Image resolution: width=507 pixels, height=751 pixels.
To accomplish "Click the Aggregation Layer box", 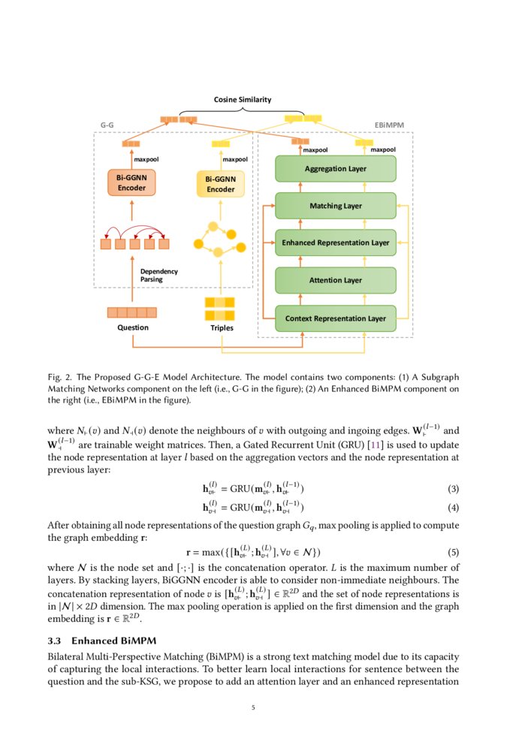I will point(335,169).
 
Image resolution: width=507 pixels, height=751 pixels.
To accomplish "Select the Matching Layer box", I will point(335,206).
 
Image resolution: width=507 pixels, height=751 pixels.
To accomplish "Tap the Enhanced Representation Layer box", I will point(335,243).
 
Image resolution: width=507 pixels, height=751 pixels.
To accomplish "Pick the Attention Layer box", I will point(335,280).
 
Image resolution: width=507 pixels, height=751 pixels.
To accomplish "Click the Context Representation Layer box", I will point(335,318).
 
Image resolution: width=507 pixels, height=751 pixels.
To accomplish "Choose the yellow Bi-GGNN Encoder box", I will point(221,185).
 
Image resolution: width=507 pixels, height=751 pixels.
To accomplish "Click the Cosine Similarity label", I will point(243,99).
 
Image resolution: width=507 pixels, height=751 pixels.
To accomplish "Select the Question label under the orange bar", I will point(133,327).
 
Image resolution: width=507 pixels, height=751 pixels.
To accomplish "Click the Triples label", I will point(222,328).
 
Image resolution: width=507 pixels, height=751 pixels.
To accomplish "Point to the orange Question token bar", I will point(132,312).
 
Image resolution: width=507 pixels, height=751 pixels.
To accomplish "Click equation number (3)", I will point(453,489).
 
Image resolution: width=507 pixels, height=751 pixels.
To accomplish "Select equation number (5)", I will point(453,552).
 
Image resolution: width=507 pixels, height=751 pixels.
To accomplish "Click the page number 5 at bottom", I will point(253,707).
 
